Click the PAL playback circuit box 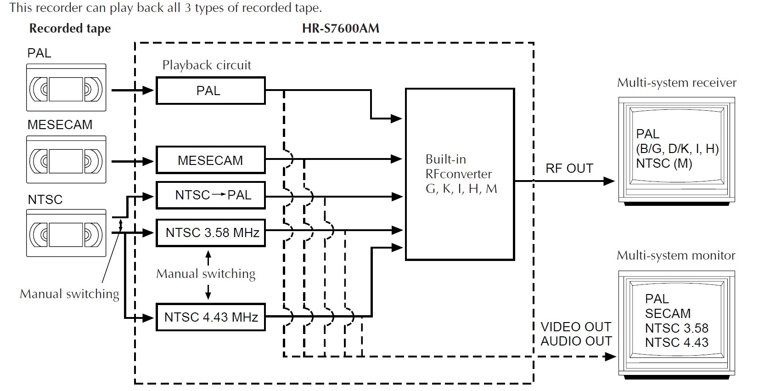pos(210,91)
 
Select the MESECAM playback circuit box pos(210,160)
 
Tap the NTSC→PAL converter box pos(210,195)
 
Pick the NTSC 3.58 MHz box pos(210,232)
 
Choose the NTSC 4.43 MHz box pos(210,317)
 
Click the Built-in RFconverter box pos(460,174)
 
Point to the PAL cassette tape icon pos(66,88)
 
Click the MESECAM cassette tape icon pos(66,159)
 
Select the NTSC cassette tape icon pos(66,233)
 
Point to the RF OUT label pos(569,169)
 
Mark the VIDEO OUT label pos(576,327)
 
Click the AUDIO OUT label pos(576,341)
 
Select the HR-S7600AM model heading pos(341,28)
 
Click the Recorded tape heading pos(70,28)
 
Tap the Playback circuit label pos(207,65)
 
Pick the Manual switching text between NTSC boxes pos(206,274)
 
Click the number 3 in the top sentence pos(188,8)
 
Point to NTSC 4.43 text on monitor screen pos(676,342)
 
